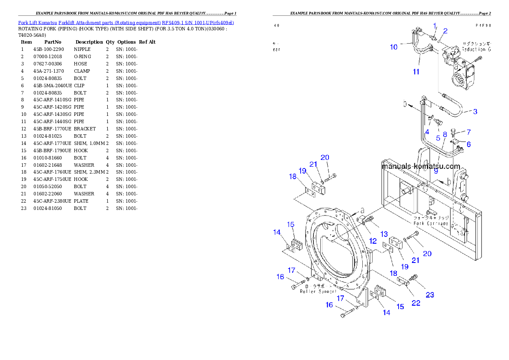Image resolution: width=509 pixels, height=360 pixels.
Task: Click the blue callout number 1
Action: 435,26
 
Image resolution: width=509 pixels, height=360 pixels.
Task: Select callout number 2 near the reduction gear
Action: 445,31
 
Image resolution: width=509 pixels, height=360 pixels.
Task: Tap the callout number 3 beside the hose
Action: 475,112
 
